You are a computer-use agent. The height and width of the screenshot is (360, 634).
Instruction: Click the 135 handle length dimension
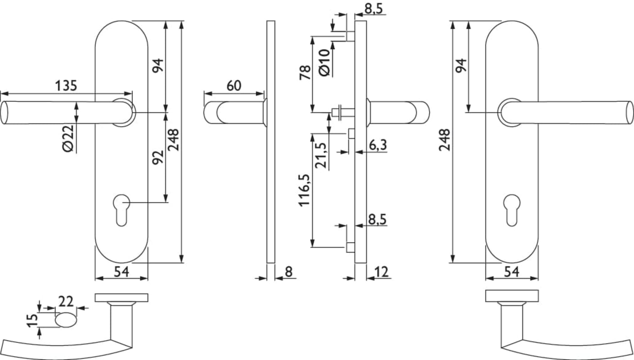point(66,86)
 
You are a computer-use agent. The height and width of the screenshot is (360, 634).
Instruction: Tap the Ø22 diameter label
point(68,139)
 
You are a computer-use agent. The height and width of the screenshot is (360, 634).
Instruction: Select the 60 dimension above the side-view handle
point(234,85)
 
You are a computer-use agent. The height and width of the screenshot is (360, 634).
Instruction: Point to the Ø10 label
point(324,63)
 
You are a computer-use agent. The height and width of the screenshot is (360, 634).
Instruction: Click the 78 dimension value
point(306,72)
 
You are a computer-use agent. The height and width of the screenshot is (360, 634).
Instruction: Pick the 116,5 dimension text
point(304,190)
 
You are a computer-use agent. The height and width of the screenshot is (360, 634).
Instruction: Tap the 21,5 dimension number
point(321,155)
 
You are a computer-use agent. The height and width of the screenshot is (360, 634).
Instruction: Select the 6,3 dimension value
point(378,145)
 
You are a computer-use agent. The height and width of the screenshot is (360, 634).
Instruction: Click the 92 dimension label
point(158,157)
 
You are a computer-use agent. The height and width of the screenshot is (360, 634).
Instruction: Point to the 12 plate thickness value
point(381,272)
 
